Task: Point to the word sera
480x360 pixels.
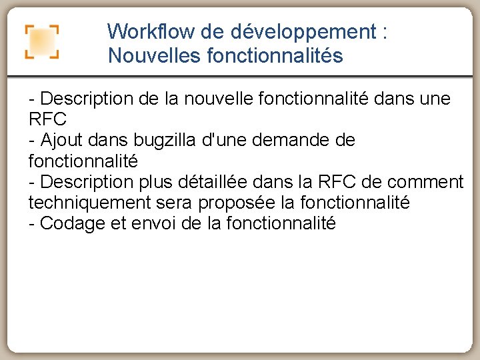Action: [178, 202]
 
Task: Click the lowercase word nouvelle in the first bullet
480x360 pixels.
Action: [204, 99]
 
